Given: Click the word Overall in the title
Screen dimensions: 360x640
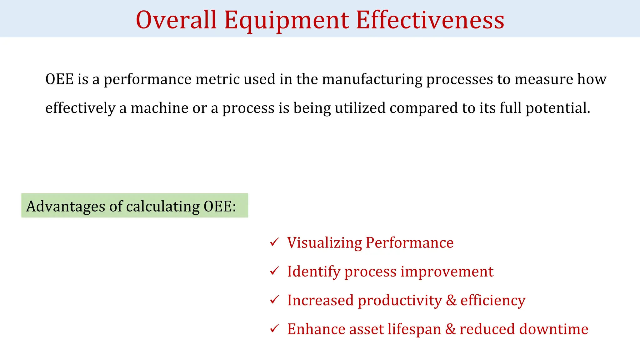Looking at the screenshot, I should click(x=176, y=20).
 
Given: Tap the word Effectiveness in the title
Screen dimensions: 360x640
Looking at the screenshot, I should click(x=430, y=20).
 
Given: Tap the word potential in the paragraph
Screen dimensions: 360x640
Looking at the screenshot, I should click(x=557, y=108).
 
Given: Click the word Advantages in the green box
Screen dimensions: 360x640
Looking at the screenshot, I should click(x=66, y=206).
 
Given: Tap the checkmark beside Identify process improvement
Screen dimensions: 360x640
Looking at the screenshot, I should click(x=274, y=271).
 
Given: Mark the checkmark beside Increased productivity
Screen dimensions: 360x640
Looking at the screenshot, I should click(x=274, y=299).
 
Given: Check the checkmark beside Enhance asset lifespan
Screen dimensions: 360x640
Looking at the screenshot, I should click(x=274, y=328).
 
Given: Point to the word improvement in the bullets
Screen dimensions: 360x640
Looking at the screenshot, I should click(x=447, y=271).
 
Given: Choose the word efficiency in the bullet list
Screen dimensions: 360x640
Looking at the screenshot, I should click(x=493, y=300).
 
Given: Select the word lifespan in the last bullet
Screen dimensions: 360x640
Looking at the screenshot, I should click(x=414, y=329).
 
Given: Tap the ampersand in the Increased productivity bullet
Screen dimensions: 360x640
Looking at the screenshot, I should click(x=451, y=300).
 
